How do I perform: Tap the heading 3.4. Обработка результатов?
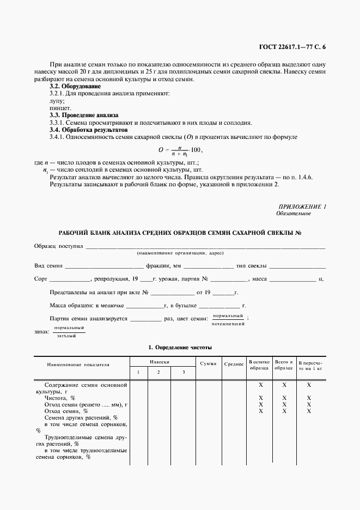(88, 130)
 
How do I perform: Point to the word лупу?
(57, 101)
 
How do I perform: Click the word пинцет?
(59, 108)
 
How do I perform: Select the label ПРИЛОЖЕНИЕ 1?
(302, 207)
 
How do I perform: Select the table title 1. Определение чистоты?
(180, 347)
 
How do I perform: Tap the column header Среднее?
(233, 363)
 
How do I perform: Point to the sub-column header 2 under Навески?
(158, 372)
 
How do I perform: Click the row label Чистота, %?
(60, 398)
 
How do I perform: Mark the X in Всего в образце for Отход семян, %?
(284, 411)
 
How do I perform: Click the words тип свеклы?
(251, 266)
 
